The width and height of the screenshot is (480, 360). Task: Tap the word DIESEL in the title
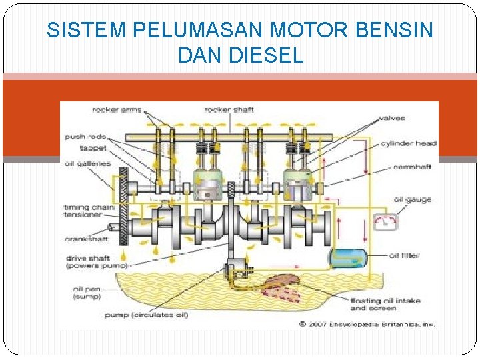(267, 56)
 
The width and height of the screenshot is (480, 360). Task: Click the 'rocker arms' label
(117, 109)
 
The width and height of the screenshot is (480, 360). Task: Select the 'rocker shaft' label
(229, 109)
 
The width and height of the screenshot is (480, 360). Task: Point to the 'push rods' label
(85, 137)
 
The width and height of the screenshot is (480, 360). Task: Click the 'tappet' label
(90, 148)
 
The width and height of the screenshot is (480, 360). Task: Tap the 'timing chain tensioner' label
(89, 211)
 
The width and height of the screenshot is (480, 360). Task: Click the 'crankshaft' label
(87, 238)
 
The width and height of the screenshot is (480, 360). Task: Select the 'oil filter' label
(404, 255)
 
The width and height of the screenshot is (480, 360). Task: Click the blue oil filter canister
(347, 257)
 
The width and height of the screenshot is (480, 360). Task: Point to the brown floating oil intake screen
(279, 286)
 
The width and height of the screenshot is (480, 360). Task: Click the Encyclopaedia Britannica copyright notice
(367, 324)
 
